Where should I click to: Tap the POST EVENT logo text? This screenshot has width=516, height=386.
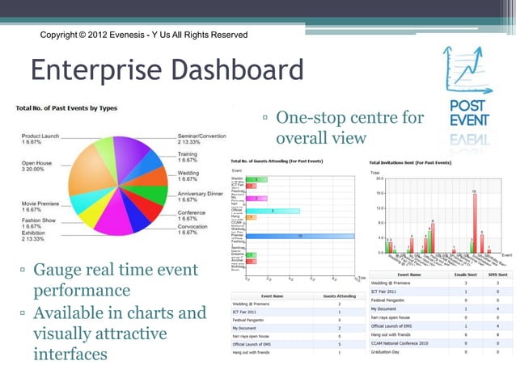pos(469,115)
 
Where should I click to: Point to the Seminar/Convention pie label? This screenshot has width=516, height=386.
pos(202,136)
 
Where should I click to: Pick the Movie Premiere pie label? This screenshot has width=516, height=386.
pos(40,205)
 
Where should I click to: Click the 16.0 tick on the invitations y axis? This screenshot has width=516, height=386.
pos(378,193)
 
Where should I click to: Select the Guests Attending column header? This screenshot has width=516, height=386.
pos(340,296)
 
